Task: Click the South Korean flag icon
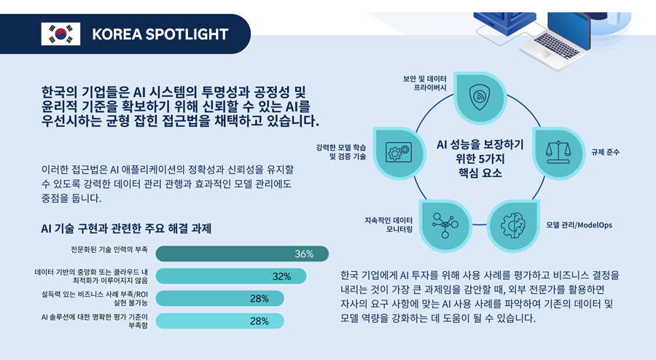60,34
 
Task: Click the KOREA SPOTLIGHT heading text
160,34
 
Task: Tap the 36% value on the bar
304,254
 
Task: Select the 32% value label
281,276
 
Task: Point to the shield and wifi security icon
479,96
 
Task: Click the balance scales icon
558,151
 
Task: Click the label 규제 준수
606,152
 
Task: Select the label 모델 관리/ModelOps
579,225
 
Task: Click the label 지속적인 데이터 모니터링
388,224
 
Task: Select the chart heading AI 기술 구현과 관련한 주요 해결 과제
126,229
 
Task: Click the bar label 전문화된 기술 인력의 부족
109,249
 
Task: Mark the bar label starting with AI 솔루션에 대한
95,321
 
